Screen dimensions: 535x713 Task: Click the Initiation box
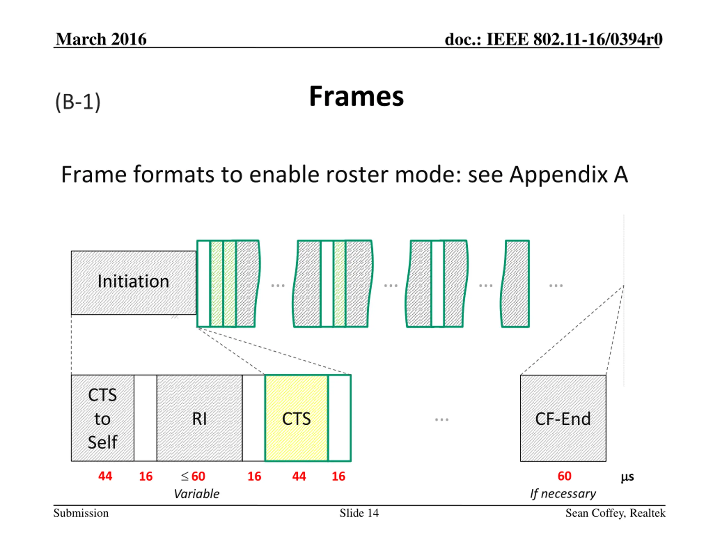pyautogui.click(x=133, y=282)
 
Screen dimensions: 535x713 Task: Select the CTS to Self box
pyautogui.click(x=102, y=418)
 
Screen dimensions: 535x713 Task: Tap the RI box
pyautogui.click(x=199, y=419)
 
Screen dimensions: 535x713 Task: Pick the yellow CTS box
pyautogui.click(x=296, y=419)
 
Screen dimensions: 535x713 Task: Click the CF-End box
pyautogui.click(x=563, y=419)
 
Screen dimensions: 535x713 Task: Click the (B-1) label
pyautogui.click(x=78, y=102)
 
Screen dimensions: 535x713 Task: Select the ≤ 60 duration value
pyautogui.click(x=193, y=476)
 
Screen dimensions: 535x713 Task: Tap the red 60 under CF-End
pyautogui.click(x=564, y=476)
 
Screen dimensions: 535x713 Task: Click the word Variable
pyautogui.click(x=197, y=494)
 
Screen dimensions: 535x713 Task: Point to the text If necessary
pyautogui.click(x=563, y=494)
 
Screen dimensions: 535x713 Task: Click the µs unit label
pyautogui.click(x=627, y=477)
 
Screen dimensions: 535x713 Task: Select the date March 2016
pyautogui.click(x=101, y=39)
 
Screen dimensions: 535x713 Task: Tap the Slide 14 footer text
pyautogui.click(x=359, y=513)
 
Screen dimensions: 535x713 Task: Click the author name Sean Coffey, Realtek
pyautogui.click(x=615, y=513)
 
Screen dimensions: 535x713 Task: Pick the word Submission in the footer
pyautogui.click(x=81, y=513)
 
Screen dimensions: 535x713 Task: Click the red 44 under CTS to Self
pyautogui.click(x=105, y=476)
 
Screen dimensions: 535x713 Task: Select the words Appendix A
pyautogui.click(x=569, y=174)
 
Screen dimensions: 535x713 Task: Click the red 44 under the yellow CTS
pyautogui.click(x=299, y=476)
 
